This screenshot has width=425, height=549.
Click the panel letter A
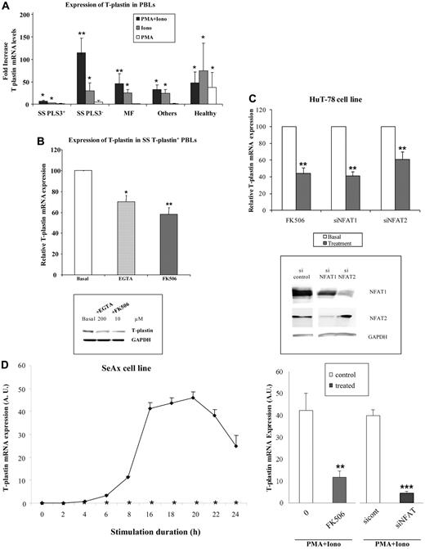coord(7,7)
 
